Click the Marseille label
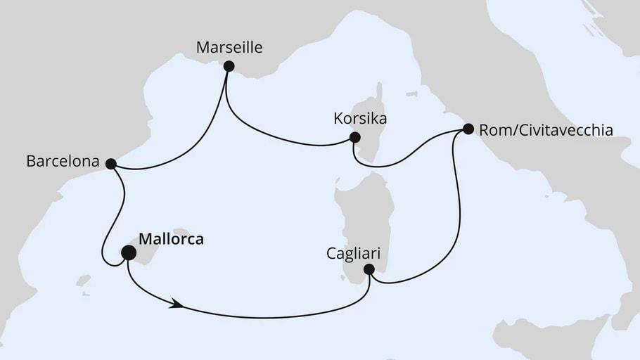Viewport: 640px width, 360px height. point(229,48)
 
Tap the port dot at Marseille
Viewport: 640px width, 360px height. point(229,66)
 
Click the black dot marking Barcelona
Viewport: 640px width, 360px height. point(110,163)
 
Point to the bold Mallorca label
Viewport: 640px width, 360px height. point(172,239)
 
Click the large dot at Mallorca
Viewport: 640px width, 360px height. point(129,252)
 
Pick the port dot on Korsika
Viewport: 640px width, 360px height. point(354,137)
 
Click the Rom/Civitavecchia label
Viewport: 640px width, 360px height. point(546,130)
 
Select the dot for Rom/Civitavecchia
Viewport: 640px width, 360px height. point(468,129)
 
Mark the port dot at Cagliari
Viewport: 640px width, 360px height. point(369,269)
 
